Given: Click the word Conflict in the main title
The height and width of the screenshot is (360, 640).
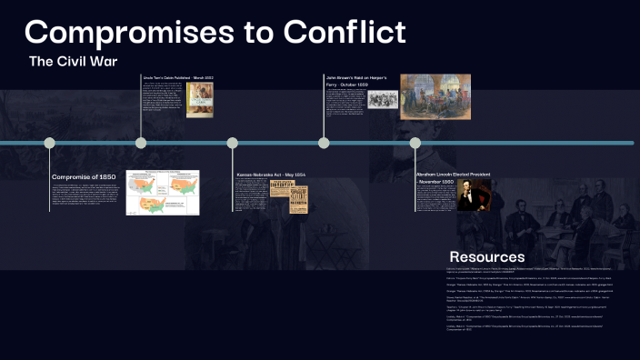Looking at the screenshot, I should [x=344, y=33].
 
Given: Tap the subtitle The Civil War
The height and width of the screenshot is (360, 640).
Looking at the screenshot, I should [x=74, y=62].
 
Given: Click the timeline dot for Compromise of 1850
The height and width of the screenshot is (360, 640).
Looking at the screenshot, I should [x=50, y=143].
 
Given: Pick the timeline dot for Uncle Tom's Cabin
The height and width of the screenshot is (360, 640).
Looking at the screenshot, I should [x=141, y=143].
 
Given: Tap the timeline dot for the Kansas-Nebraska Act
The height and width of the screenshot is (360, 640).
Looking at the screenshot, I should [x=233, y=143].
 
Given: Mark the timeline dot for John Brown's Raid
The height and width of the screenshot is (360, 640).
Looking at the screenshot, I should [x=324, y=143].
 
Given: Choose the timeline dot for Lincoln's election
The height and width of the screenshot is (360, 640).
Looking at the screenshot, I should [x=415, y=143].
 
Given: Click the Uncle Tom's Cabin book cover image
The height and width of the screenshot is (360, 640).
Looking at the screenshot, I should [x=199, y=100].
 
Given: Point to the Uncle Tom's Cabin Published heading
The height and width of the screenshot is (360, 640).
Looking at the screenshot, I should [x=178, y=79].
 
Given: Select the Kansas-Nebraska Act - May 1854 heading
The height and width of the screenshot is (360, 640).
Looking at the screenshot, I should [x=271, y=174].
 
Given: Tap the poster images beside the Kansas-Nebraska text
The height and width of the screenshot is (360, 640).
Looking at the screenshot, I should [x=290, y=196].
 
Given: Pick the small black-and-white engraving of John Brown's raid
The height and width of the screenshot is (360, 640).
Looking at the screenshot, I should [x=383, y=100].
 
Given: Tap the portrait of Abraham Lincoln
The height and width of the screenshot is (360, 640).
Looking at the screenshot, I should [x=473, y=195].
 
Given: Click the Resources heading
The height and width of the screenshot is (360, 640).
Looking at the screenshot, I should [x=486, y=256].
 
